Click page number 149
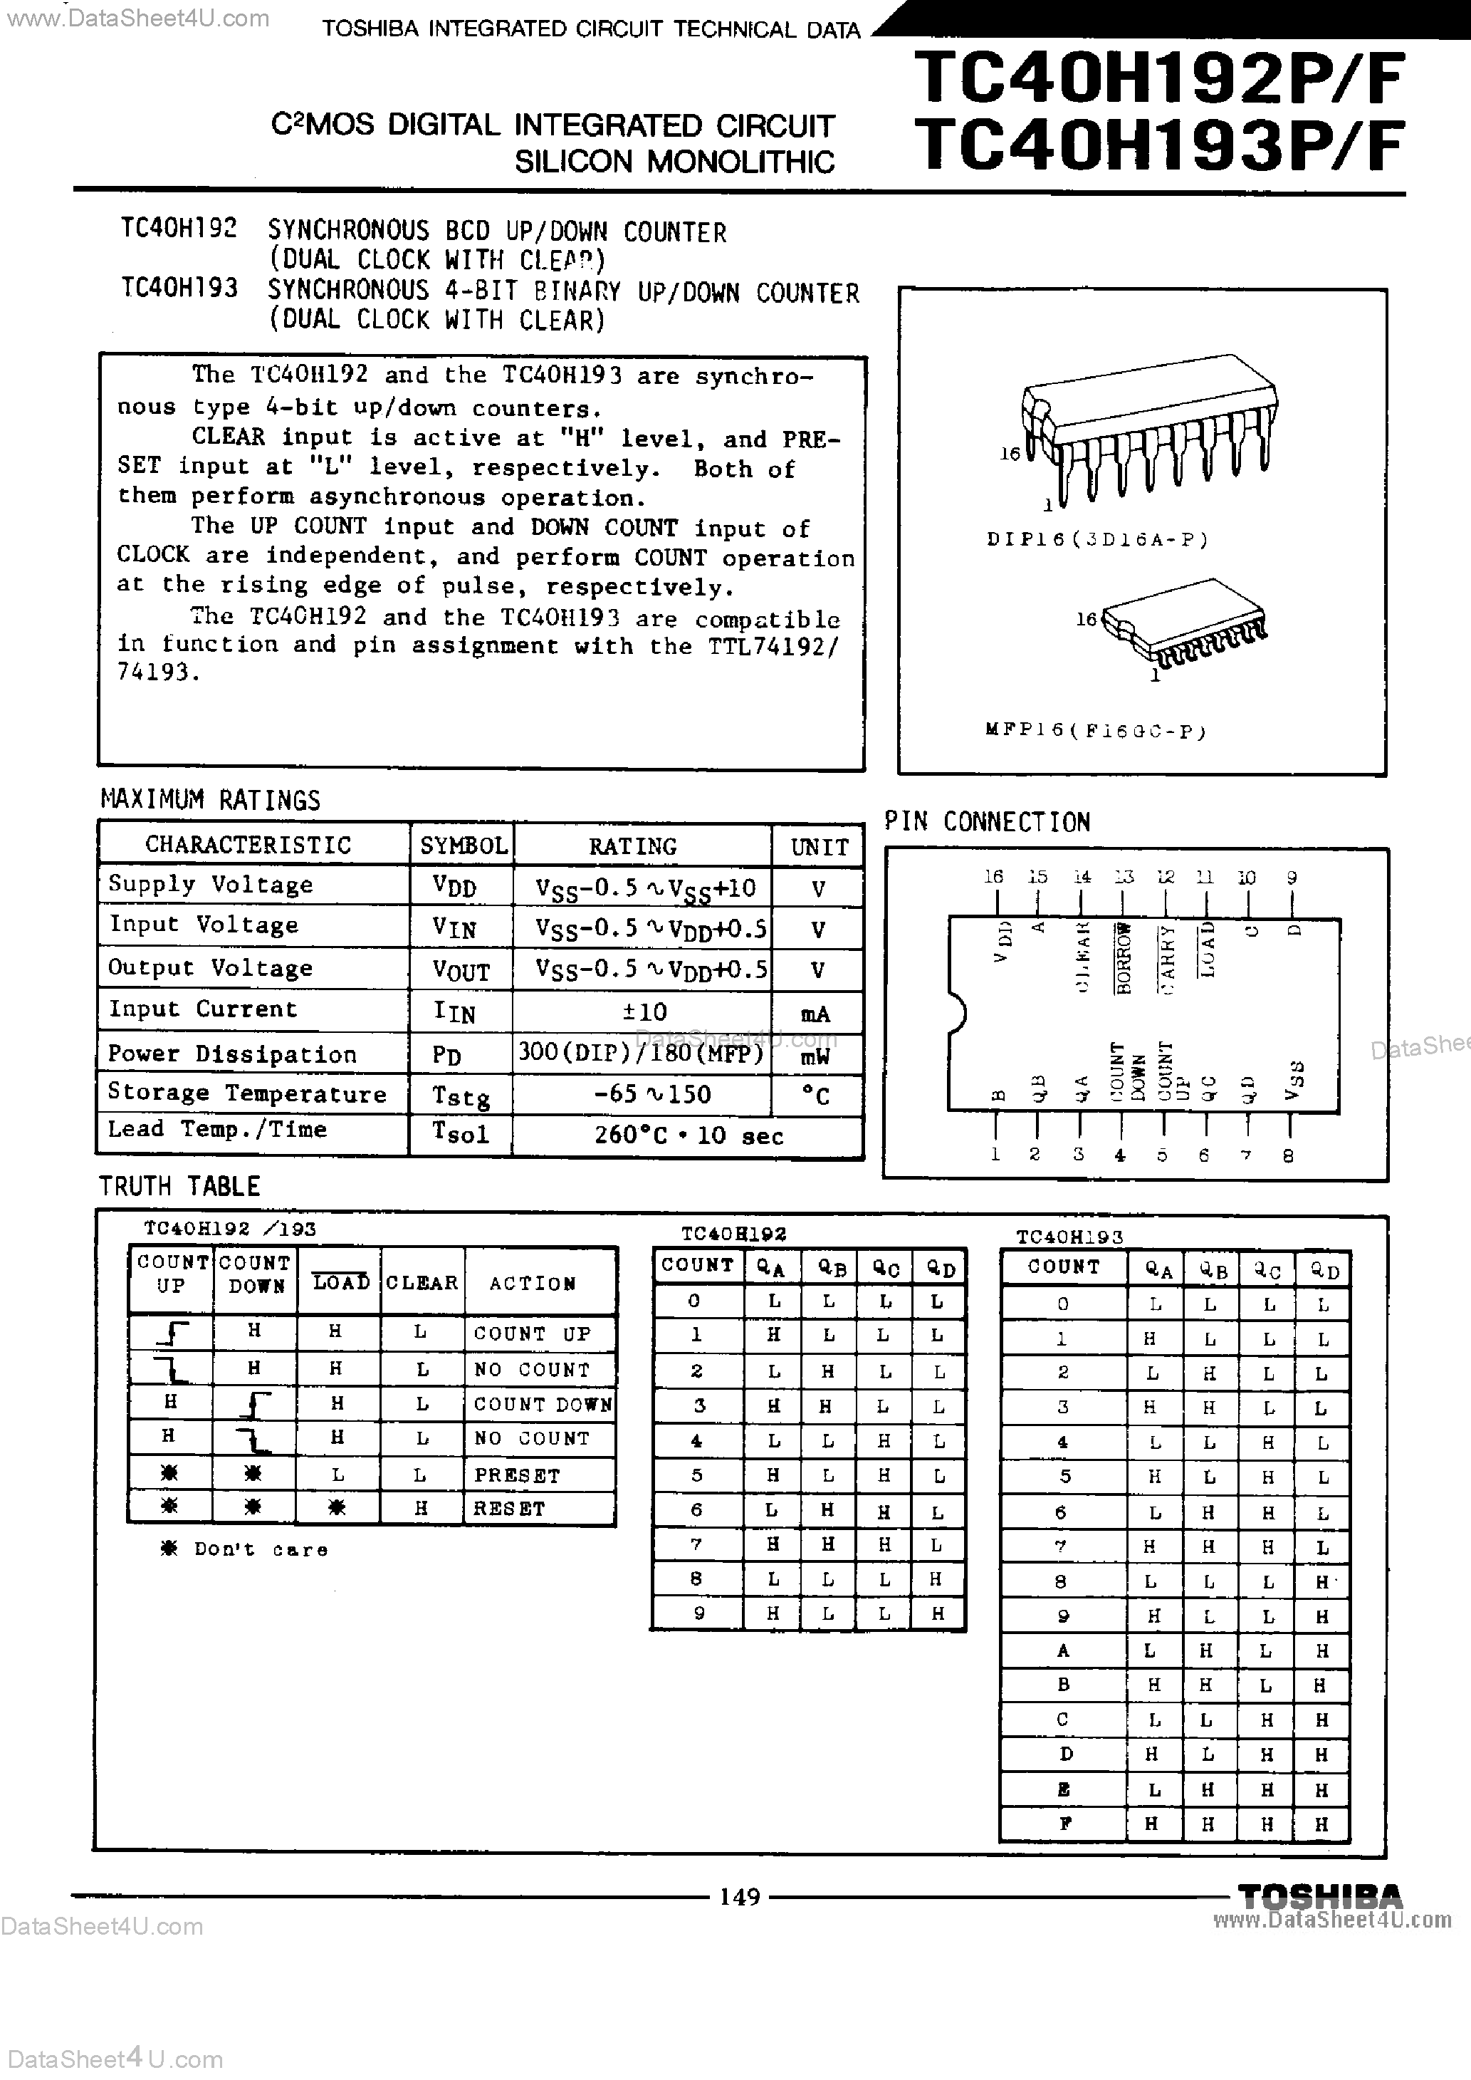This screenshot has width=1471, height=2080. (x=739, y=1896)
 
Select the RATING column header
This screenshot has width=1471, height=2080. (x=632, y=846)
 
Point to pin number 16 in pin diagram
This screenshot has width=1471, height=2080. (x=994, y=876)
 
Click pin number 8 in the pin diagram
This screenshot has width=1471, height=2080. (x=1288, y=1155)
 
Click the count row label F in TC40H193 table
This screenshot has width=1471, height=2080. (x=1064, y=1824)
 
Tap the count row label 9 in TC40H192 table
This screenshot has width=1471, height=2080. (x=696, y=1613)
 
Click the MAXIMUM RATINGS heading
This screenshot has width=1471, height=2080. (x=210, y=800)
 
